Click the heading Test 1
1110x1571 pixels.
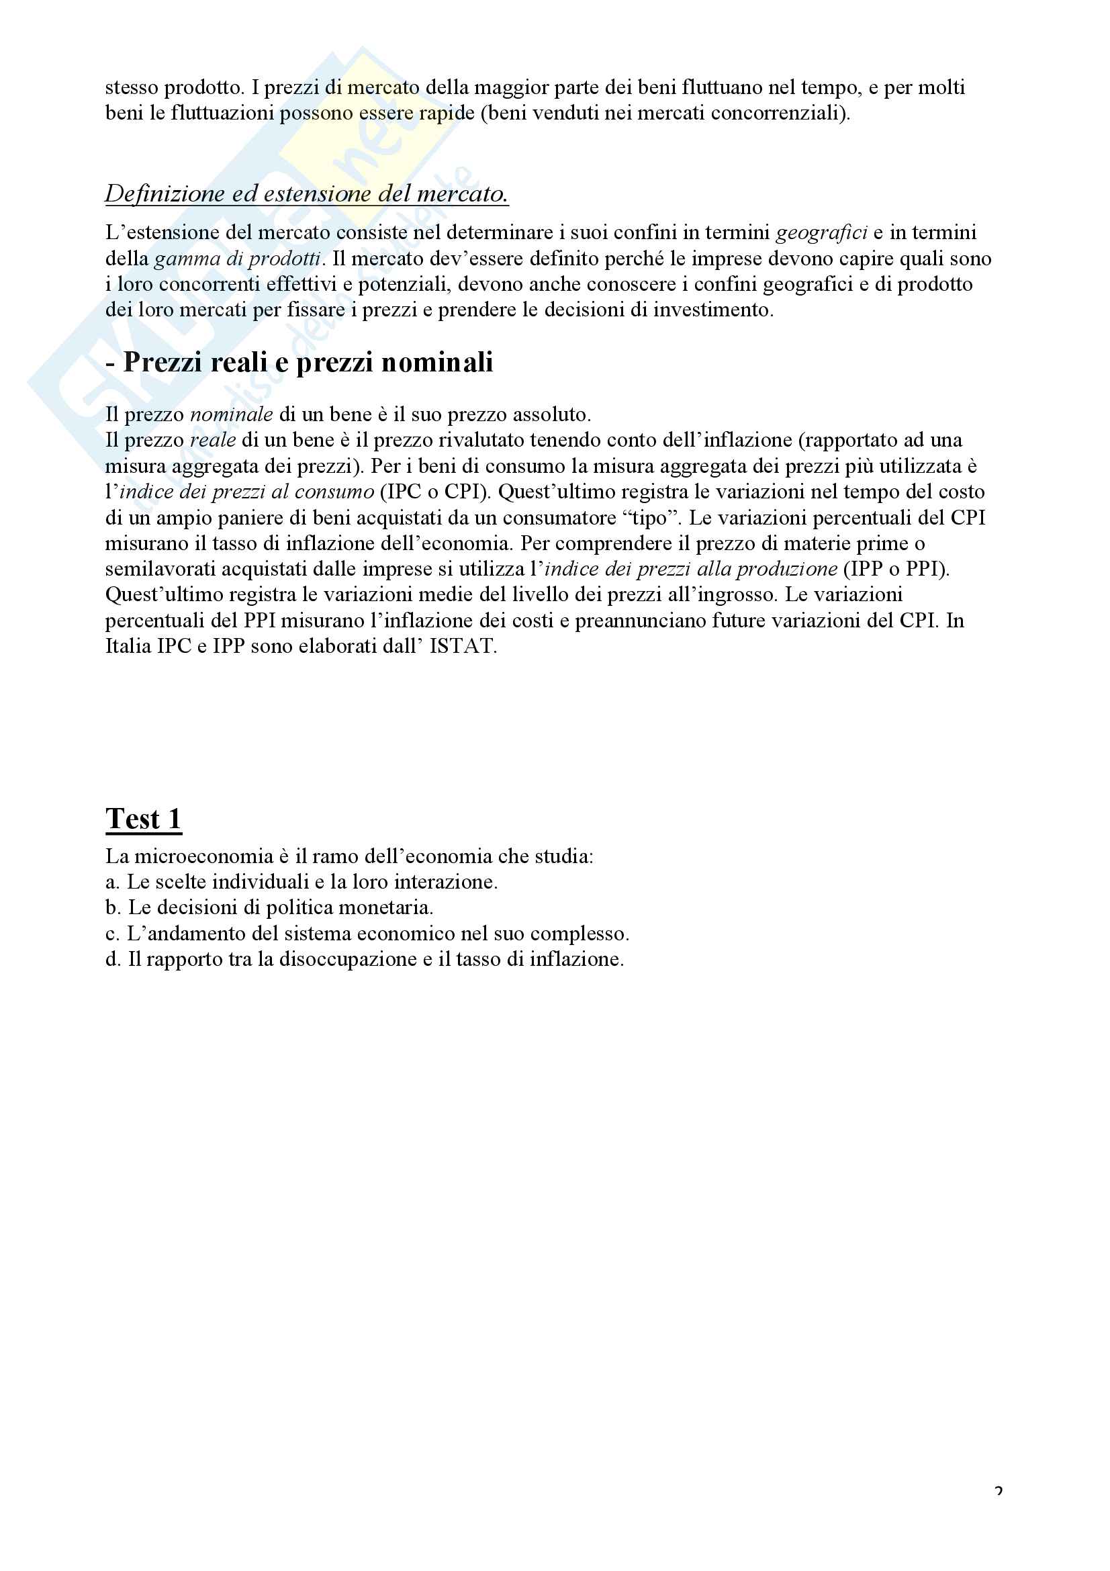click(144, 818)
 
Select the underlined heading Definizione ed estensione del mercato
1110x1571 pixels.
click(306, 193)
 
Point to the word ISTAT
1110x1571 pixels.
click(461, 646)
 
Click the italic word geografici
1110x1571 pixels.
click(821, 232)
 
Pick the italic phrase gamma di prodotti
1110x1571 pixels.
click(237, 259)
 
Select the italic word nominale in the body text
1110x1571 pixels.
click(231, 414)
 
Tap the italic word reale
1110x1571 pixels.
click(212, 440)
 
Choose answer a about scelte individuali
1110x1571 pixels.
click(301, 882)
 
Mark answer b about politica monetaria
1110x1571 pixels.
click(269, 908)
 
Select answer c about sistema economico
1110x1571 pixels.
click(367, 934)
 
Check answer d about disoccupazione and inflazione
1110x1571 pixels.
click(365, 959)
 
